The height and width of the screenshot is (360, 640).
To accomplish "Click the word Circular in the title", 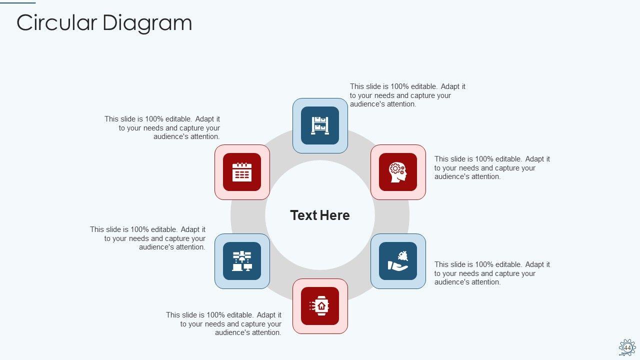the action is coord(57,22).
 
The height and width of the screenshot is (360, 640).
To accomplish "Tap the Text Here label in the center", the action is coord(319,215).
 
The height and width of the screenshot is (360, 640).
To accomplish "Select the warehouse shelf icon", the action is coord(320,125).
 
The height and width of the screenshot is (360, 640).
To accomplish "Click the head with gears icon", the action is coord(397,172).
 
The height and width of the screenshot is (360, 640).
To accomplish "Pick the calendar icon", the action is coord(242,172).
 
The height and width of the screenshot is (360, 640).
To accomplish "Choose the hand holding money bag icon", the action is coord(398,261).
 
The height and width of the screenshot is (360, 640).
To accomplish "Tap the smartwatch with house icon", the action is coord(320,306).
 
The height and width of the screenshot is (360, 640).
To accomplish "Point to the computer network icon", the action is coord(242,261).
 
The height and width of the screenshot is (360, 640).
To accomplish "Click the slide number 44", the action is coord(627,348).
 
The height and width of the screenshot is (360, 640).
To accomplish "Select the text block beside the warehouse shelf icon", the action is coord(407,95).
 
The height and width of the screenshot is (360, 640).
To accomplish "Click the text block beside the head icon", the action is coord(492,167).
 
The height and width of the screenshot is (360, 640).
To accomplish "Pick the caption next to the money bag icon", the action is coord(492,273).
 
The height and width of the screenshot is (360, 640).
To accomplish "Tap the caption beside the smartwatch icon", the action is coord(223,323).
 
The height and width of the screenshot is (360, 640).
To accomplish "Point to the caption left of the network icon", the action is coord(147,238).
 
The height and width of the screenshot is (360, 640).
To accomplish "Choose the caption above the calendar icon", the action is coord(162,127).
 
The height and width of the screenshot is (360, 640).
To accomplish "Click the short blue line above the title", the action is coord(17,3).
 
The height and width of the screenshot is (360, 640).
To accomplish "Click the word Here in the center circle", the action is coord(335,215).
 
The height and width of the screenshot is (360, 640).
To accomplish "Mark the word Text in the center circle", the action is coord(304,215).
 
